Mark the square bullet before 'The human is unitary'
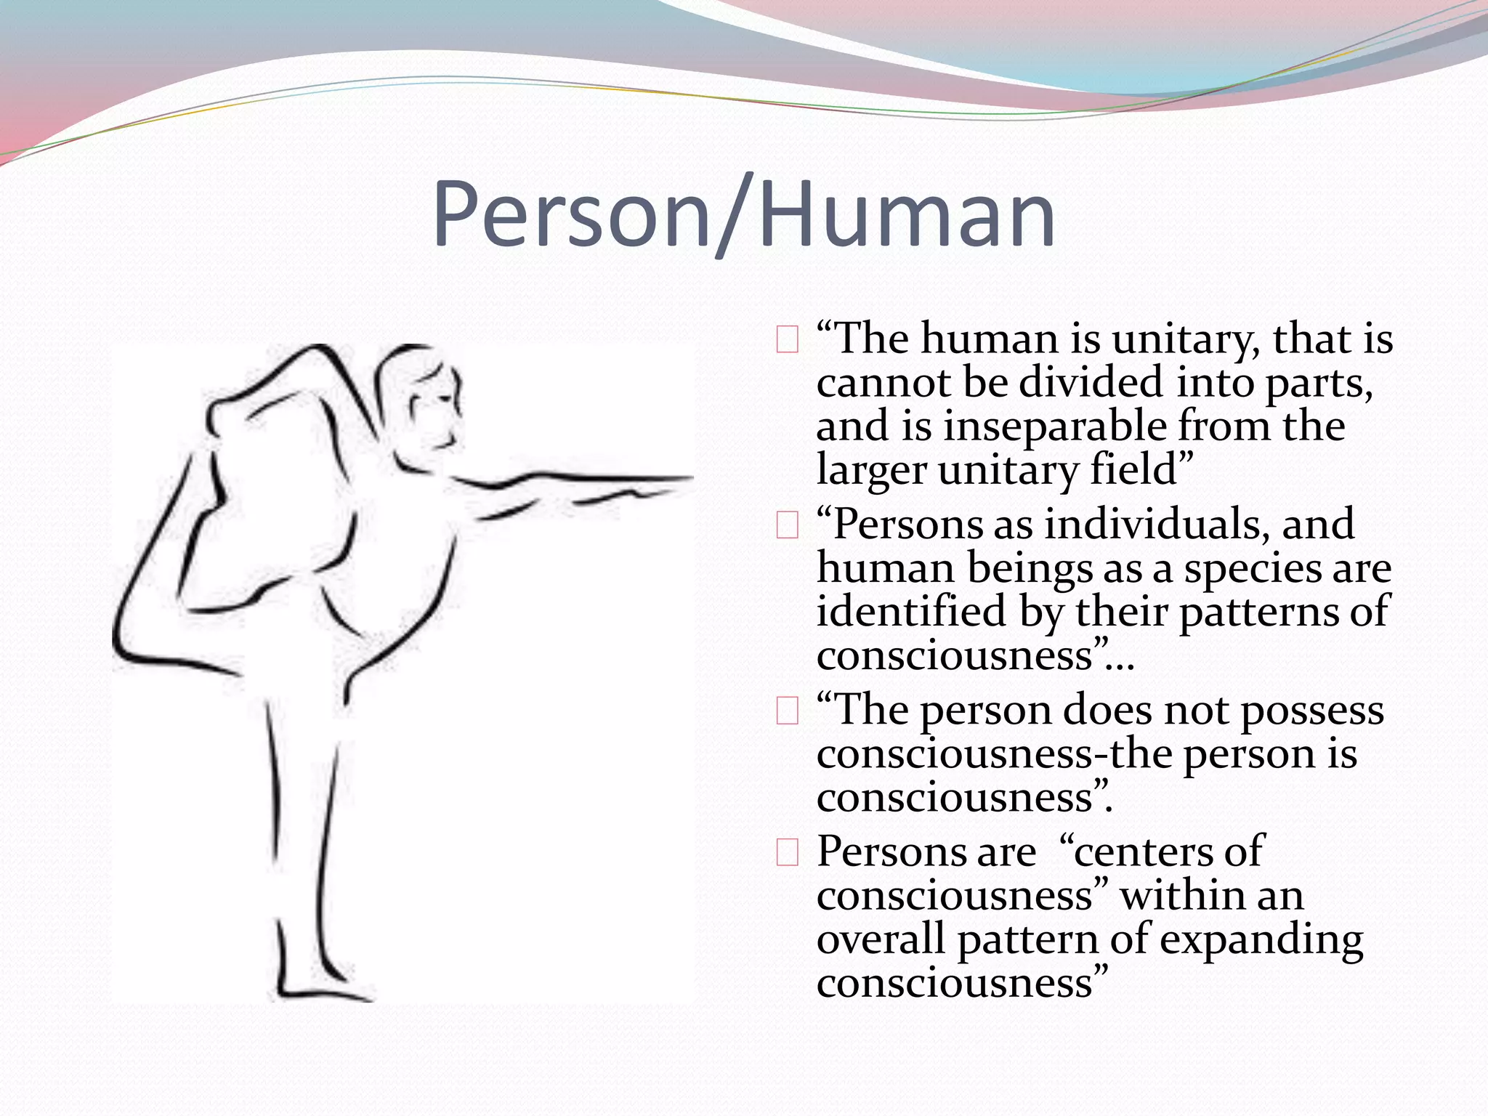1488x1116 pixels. pyautogui.click(x=788, y=340)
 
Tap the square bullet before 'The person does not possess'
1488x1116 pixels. pyautogui.click(x=788, y=711)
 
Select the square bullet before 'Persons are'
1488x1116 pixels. pyautogui.click(x=788, y=852)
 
